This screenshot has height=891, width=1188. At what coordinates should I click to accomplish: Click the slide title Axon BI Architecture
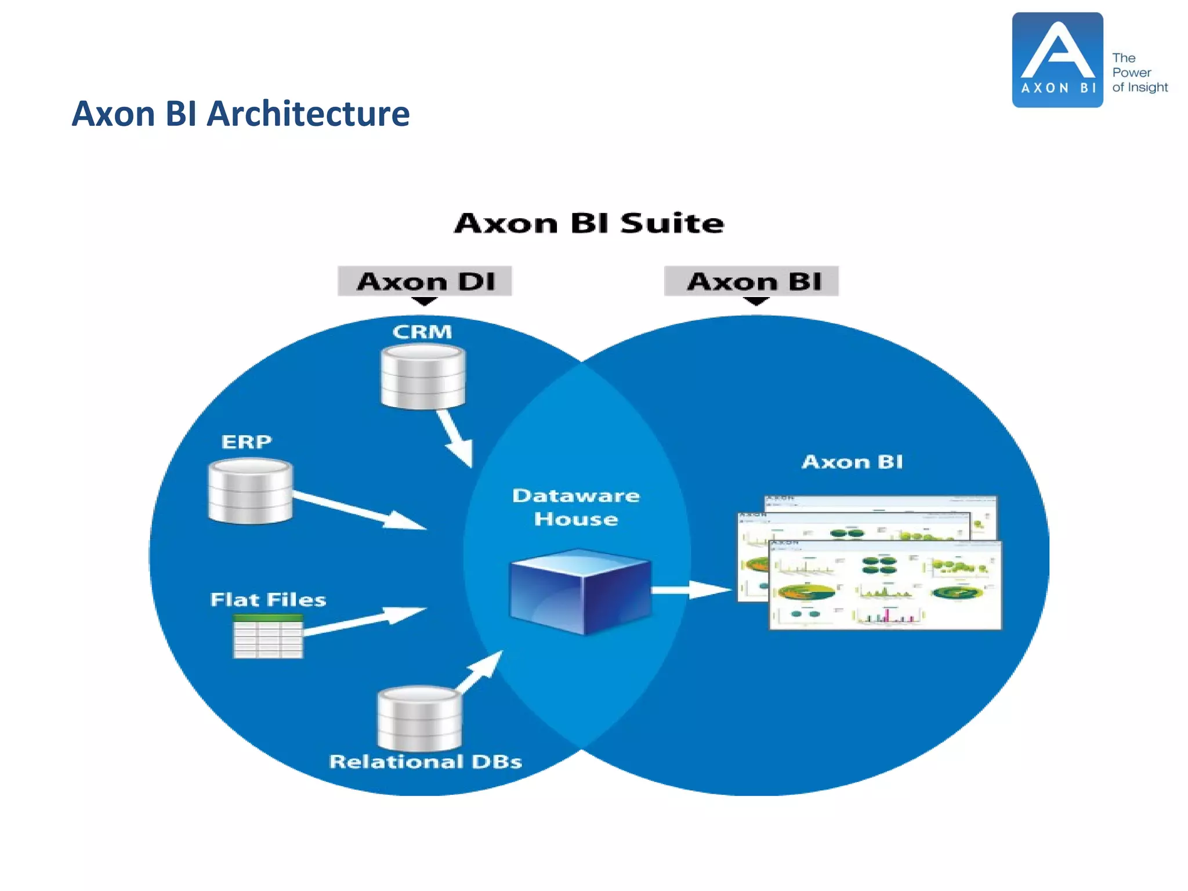(240, 114)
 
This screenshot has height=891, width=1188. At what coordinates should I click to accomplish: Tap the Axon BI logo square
(1057, 60)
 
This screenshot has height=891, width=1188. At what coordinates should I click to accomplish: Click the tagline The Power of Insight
(1139, 73)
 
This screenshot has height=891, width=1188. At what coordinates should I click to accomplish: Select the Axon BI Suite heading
(589, 223)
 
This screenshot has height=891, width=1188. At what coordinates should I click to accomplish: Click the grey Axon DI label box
(425, 281)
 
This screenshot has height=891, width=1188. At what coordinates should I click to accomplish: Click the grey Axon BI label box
(751, 281)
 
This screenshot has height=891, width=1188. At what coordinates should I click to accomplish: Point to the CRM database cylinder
(423, 377)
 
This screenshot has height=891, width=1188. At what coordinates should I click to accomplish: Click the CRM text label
(422, 332)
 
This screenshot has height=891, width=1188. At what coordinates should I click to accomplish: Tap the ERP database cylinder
(250, 491)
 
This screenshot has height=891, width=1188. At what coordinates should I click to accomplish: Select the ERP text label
(247, 442)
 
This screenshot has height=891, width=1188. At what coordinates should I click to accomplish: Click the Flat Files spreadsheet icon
(267, 636)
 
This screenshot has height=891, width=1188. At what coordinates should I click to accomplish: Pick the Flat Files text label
(267, 599)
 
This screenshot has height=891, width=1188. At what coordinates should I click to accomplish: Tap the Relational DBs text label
(425, 762)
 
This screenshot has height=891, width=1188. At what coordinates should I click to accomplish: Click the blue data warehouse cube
(579, 592)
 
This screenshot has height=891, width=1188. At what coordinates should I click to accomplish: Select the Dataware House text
(575, 507)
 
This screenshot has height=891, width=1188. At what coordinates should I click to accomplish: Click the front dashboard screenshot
(885, 586)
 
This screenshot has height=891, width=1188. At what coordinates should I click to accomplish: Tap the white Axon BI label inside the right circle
(852, 462)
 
